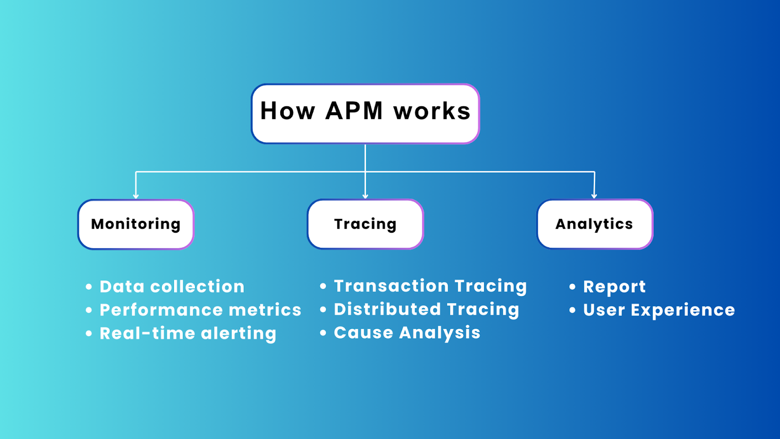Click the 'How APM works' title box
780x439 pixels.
click(365, 114)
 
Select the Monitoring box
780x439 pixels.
click(136, 224)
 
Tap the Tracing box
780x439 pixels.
click(365, 224)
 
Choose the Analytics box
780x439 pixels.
click(594, 224)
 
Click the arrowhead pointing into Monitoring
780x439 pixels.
click(136, 196)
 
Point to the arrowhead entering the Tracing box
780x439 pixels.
click(365, 196)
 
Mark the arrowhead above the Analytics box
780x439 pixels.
click(594, 196)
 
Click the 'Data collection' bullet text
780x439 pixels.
click(172, 287)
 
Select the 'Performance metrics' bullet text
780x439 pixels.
click(200, 310)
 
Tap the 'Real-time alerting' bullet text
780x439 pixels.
click(188, 334)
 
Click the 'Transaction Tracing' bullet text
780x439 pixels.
click(430, 286)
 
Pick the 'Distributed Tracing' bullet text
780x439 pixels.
click(426, 309)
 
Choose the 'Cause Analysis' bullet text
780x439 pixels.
click(407, 333)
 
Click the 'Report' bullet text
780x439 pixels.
click(614, 287)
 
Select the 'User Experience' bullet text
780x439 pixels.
click(659, 310)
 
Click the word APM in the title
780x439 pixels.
click(354, 111)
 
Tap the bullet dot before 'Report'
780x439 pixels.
click(572, 287)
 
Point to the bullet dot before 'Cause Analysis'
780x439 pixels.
click(323, 333)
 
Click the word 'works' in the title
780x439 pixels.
click(432, 112)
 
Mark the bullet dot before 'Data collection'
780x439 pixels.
click(89, 287)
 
